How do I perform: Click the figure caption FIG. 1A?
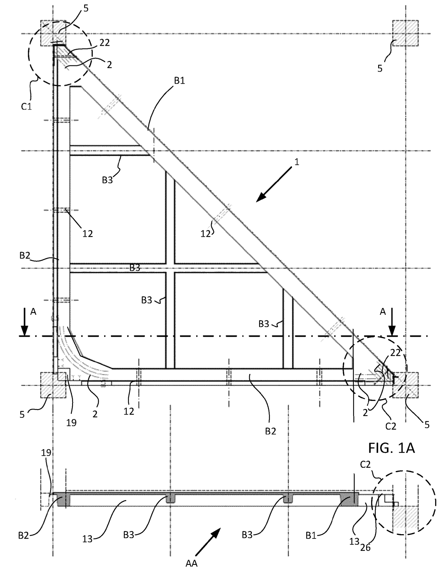pyautogui.click(x=391, y=448)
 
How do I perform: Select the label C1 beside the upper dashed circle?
pyautogui.click(x=26, y=107)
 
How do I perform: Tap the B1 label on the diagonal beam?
pyautogui.click(x=180, y=81)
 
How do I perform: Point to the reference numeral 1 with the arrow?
pyautogui.click(x=297, y=162)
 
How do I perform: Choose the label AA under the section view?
pyautogui.click(x=191, y=564)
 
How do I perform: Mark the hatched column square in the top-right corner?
pyautogui.click(x=406, y=33)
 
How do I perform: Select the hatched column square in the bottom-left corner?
pyautogui.click(x=53, y=385)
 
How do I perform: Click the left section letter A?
pyautogui.click(x=33, y=312)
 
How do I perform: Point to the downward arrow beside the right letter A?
pyautogui.click(x=392, y=322)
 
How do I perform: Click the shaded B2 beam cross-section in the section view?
pyautogui.click(x=62, y=499)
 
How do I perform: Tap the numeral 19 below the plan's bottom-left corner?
pyautogui.click(x=72, y=423)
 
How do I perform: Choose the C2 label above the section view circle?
pyautogui.click(x=365, y=465)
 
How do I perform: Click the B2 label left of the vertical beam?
pyautogui.click(x=25, y=255)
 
